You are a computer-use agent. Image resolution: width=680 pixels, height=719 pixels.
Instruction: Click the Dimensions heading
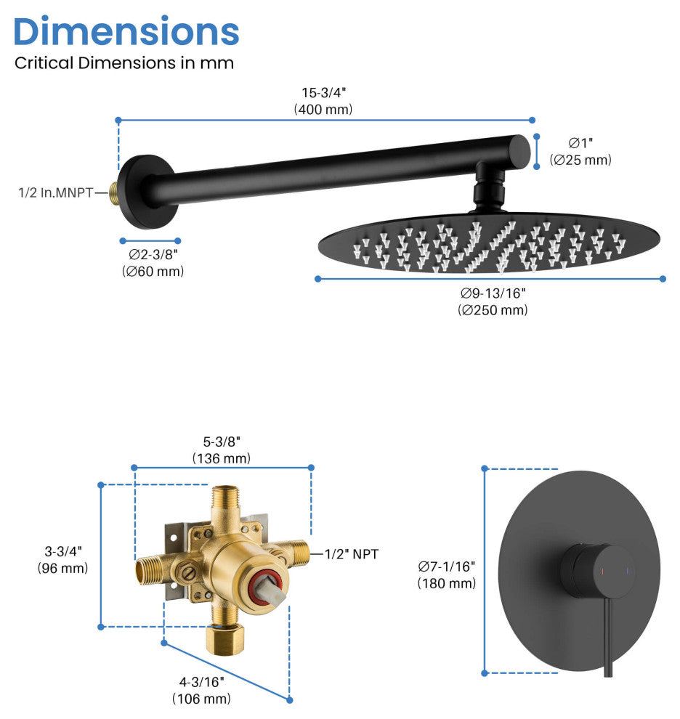[x=126, y=31]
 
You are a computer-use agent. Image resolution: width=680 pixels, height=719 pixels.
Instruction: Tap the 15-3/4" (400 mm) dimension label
[x=323, y=101]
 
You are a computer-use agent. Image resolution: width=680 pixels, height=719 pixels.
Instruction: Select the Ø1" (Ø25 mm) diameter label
[x=580, y=151]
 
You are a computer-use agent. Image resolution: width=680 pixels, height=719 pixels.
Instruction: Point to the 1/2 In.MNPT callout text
[x=55, y=192]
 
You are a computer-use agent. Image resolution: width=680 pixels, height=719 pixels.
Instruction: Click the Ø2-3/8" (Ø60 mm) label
[x=153, y=263]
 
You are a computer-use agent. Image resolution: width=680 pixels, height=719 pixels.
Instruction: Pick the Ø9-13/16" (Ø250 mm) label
[x=493, y=301]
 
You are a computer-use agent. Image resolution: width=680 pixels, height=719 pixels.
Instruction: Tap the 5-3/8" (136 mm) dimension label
[x=221, y=450]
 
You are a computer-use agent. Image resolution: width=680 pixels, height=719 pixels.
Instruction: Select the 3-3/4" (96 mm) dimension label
[x=63, y=559]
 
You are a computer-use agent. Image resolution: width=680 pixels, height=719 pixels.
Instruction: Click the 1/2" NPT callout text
[x=352, y=554]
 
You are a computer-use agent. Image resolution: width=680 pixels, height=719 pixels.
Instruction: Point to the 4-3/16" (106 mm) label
[x=201, y=690]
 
